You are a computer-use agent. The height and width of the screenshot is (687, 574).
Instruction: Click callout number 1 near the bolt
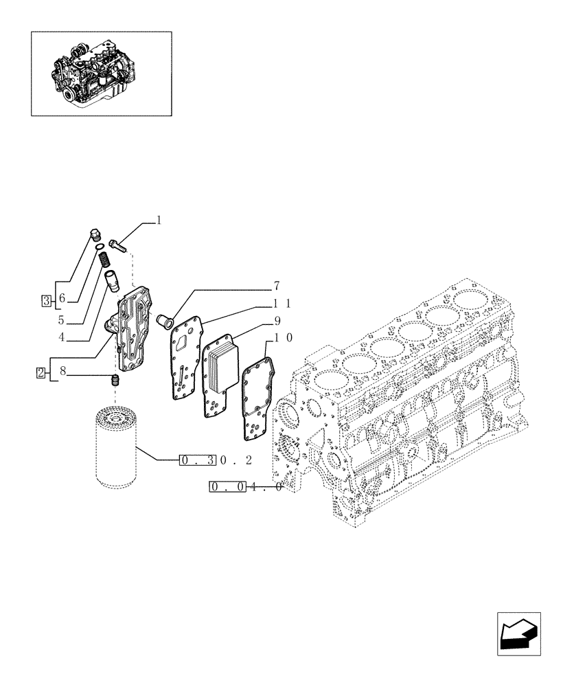point(159,221)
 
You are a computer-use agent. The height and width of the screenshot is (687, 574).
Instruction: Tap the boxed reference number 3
point(46,300)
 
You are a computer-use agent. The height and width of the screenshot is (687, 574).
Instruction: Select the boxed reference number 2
point(41,373)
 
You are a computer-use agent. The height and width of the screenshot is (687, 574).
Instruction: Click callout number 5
point(61,319)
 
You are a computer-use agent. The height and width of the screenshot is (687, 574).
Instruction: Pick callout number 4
point(61,337)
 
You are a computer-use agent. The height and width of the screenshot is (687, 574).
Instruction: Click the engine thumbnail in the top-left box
point(101,73)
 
